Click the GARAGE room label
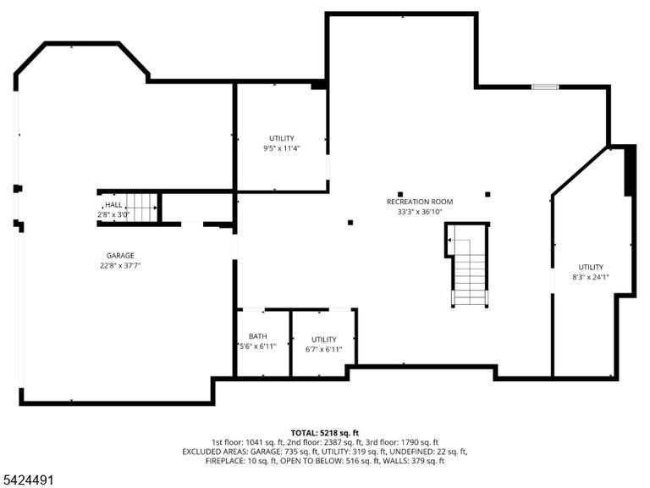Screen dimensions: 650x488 point(120,256)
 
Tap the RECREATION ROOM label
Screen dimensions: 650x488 point(420,202)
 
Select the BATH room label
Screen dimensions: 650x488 point(258,336)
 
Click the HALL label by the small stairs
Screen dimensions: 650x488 point(113,204)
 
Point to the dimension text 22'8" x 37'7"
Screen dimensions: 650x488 point(120,265)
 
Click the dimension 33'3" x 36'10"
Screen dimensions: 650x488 point(420,212)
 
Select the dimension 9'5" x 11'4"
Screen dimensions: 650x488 point(282,148)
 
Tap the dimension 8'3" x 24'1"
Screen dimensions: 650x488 point(591,277)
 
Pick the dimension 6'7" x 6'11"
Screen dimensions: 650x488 point(324,349)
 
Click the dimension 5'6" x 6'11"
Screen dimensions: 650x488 point(257,346)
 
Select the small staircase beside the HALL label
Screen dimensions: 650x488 point(140,208)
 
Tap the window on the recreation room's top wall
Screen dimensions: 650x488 point(545,86)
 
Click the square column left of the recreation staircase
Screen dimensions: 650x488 point(350,223)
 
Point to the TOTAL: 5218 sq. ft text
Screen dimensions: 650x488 point(325,433)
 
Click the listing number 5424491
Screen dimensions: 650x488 point(27,480)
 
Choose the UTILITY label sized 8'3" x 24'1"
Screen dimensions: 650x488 point(591,267)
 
